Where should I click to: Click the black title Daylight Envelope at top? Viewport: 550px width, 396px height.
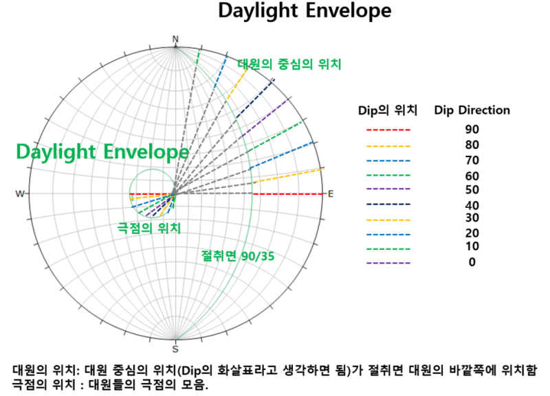[x=305, y=12]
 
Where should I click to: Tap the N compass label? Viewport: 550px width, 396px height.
[x=175, y=40]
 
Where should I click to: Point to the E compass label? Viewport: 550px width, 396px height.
[x=330, y=194]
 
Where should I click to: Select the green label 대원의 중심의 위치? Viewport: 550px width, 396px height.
[x=289, y=64]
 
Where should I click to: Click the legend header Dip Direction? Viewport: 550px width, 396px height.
[x=472, y=110]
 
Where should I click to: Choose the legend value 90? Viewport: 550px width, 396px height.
[x=472, y=130]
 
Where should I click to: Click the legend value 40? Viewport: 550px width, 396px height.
[x=472, y=205]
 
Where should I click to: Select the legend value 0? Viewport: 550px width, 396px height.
[x=472, y=262]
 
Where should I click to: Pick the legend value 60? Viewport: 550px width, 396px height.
[x=472, y=176]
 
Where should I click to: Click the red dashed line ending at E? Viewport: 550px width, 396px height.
[x=289, y=194]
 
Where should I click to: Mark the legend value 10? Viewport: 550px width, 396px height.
[x=472, y=246]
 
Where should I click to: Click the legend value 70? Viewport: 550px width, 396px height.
[x=472, y=161]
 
